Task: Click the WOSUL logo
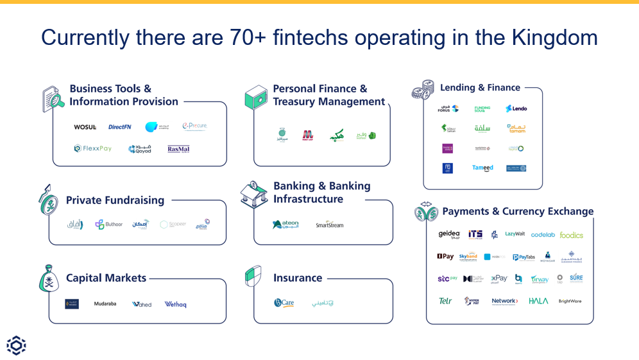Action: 85,127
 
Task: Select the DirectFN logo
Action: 119,127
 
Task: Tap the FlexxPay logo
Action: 93,148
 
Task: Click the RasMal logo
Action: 178,149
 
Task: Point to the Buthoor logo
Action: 109,224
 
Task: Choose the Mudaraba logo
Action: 105,304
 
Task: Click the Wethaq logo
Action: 175,304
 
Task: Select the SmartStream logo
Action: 329,225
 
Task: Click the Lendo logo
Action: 516,109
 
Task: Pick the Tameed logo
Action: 482,168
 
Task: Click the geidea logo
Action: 449,234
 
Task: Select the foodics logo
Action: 571,235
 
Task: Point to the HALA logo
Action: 538,301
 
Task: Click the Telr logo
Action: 445,301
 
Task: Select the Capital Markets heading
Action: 106,278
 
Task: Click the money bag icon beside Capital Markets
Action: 50,279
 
